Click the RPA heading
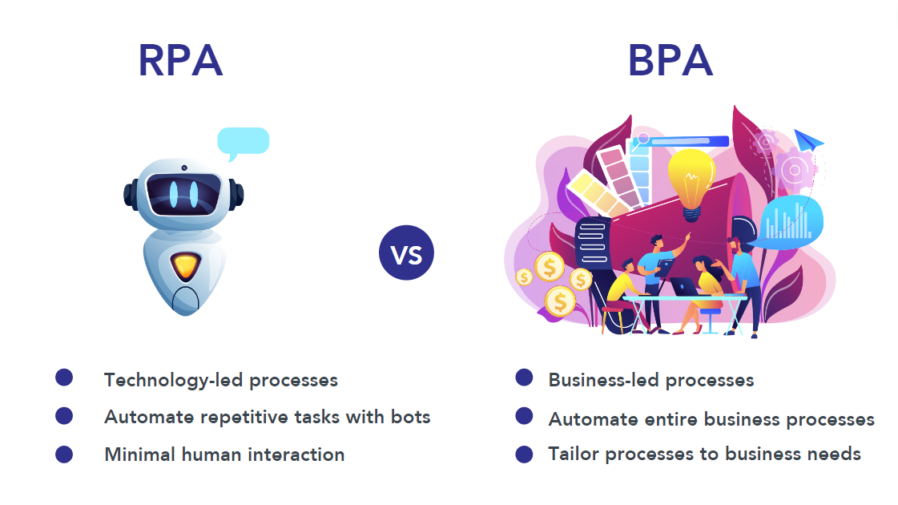[180, 61]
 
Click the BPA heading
[670, 61]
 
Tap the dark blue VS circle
[406, 252]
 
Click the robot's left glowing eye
[174, 192]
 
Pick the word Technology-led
[173, 380]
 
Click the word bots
[410, 417]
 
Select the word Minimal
[139, 454]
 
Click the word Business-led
[597, 380]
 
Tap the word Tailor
[573, 454]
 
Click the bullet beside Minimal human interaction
[64, 454]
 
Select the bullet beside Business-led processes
[524, 378]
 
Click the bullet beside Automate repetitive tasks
[64, 415]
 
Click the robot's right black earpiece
[236, 193]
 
